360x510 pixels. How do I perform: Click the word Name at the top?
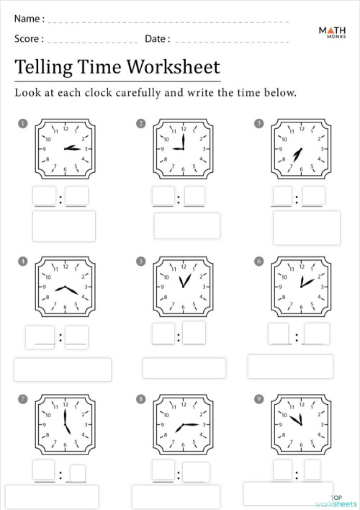tap(27, 18)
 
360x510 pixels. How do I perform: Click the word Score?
tap(27, 39)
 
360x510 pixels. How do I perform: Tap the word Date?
tap(156, 39)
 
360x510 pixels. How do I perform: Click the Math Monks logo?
tap(331, 32)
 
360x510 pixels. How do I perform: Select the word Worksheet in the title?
tap(174, 67)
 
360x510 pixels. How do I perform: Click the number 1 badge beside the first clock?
tap(23, 124)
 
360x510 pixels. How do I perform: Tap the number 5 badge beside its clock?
tap(140, 261)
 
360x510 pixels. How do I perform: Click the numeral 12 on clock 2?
tap(184, 129)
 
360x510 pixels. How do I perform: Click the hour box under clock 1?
tap(44, 196)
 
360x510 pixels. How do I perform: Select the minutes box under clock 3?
tap(313, 196)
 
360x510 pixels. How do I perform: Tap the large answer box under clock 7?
tap(52, 496)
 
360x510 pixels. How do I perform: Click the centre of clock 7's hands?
tap(66, 424)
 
